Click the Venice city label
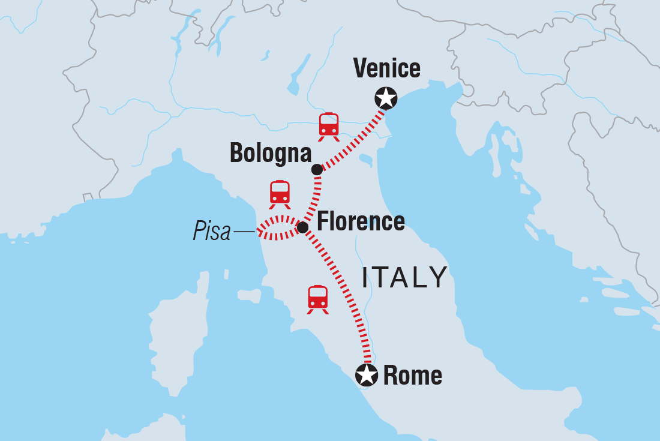click(387, 68)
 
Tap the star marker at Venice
click(386, 97)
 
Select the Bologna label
click(271, 154)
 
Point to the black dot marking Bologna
click(317, 170)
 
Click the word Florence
click(361, 222)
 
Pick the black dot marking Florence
click(302, 227)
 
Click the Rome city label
click(412, 376)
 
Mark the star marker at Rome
click(367, 375)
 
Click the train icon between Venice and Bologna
click(329, 126)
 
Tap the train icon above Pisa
click(280, 194)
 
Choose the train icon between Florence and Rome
click(318, 299)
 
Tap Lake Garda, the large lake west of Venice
click(294, 81)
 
